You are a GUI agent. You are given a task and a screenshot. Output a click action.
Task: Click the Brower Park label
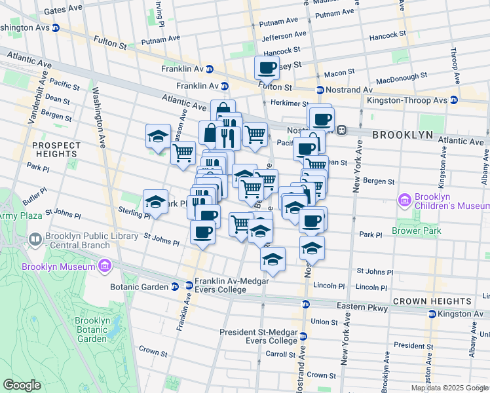coord(416,231)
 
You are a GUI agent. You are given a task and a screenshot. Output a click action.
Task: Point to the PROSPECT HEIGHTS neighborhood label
coord(56,149)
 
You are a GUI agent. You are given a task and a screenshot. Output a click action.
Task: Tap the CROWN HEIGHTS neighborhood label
coord(432,301)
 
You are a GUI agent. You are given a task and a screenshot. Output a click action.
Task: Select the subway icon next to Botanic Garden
coord(175,286)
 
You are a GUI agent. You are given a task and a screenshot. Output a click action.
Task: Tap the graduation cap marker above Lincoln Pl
coord(273,260)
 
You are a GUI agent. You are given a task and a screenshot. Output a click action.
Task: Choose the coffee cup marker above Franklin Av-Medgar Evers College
coord(201,233)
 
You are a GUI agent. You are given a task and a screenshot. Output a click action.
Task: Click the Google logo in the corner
coord(22,385)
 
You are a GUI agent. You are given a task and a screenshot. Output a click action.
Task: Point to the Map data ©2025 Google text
coord(449,388)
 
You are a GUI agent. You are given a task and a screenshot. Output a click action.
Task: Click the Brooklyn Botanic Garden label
coord(91,329)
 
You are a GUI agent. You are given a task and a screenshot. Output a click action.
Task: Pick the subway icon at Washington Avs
coord(56,28)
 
